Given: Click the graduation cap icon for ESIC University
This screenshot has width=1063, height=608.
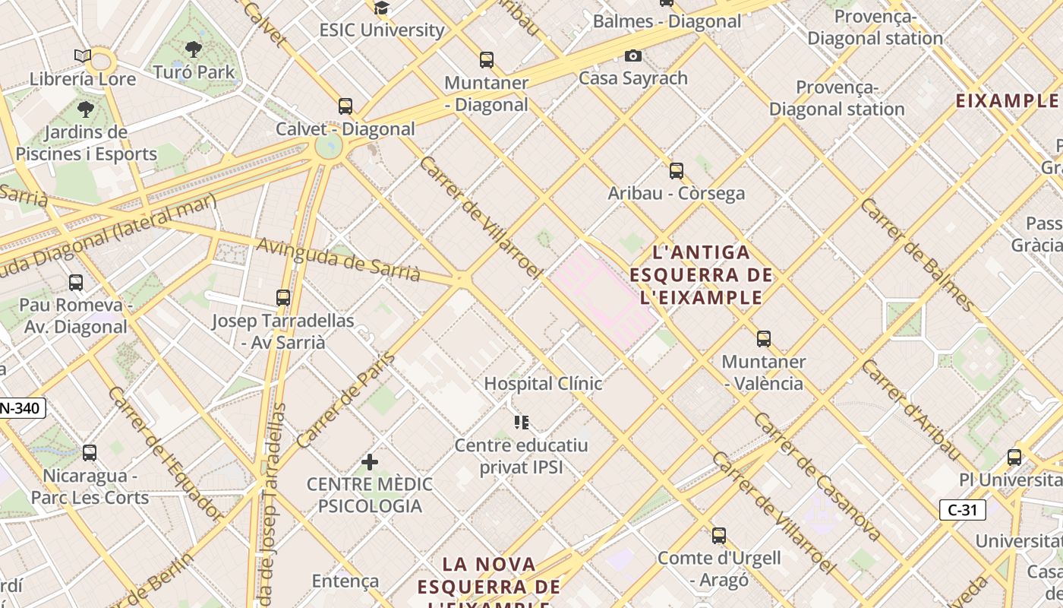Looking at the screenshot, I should click(381, 8).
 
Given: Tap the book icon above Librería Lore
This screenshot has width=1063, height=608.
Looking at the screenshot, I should click(83, 56).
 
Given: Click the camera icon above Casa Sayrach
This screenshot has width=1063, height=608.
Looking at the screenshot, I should click(632, 55).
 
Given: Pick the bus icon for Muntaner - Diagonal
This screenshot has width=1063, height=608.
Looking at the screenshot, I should click(487, 59).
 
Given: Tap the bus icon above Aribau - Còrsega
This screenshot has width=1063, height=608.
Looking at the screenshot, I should click(677, 171).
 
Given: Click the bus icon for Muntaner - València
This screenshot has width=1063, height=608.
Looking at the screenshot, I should click(764, 339).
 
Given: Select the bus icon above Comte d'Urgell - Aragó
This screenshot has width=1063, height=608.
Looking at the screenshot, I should click(719, 536).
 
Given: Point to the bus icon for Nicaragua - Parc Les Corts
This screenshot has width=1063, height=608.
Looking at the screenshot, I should click(90, 453).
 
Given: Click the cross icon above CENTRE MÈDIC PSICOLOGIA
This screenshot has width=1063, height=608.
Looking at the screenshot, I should click(370, 462).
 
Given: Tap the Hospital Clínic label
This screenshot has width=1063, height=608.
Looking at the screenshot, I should click(543, 384).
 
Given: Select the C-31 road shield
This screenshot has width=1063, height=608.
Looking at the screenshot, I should click(963, 510).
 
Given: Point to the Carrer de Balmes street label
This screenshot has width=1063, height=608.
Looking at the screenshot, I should click(918, 255).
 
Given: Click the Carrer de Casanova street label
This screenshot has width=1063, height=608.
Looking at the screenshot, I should click(817, 477).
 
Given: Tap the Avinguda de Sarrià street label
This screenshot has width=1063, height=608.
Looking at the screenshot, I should click(339, 259).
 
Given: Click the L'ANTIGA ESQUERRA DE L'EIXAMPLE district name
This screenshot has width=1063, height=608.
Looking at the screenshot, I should click(701, 274).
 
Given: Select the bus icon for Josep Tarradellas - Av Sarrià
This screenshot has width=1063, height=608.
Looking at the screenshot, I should click(283, 298).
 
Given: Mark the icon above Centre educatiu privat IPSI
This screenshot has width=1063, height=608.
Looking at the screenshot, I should click(521, 422).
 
